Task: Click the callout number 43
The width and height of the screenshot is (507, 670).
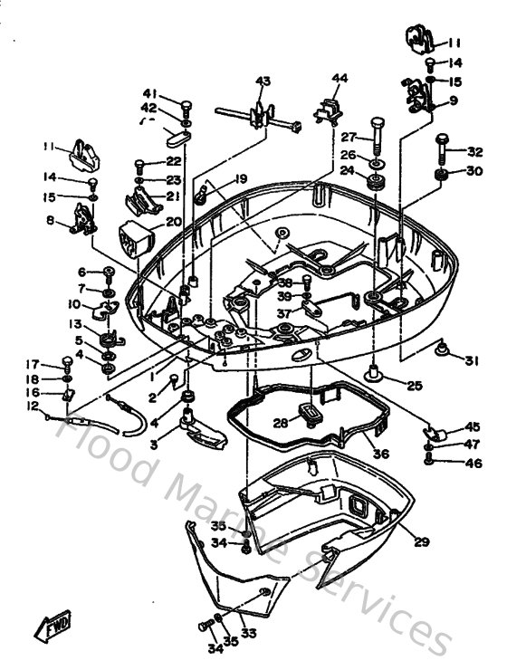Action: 263,81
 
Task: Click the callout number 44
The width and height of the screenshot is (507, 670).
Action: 340,78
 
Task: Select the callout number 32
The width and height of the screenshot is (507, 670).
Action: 476,151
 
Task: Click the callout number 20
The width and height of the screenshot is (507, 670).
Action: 173,221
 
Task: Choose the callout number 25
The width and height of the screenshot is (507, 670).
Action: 414,386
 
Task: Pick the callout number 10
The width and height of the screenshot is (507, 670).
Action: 74,304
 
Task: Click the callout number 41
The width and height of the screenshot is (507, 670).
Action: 148,93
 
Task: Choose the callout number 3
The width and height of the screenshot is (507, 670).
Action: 153,444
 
